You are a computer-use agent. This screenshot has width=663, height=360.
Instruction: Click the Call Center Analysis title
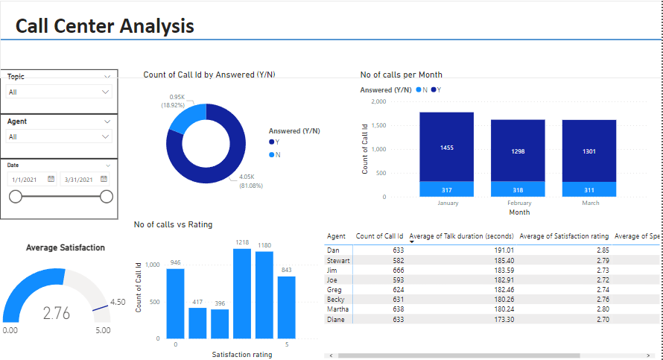click(104, 26)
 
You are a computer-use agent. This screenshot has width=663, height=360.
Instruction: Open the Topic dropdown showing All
click(59, 92)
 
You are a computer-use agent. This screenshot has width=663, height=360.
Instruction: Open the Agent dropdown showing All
click(59, 136)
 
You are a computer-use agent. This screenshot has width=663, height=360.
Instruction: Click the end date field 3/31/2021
click(83, 179)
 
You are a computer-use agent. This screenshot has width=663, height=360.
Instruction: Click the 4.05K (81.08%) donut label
click(250, 180)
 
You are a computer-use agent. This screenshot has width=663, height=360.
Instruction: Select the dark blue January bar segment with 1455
click(446, 147)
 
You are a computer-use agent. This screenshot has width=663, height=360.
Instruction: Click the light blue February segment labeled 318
click(517, 189)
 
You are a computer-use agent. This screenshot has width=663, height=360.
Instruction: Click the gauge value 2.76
click(57, 313)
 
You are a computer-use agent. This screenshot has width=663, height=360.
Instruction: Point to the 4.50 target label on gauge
click(117, 302)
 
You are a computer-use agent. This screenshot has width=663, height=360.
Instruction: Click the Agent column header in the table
click(336, 236)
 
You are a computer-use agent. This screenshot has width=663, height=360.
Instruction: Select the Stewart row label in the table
click(339, 260)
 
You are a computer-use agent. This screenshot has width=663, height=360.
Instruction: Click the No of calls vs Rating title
click(174, 224)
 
